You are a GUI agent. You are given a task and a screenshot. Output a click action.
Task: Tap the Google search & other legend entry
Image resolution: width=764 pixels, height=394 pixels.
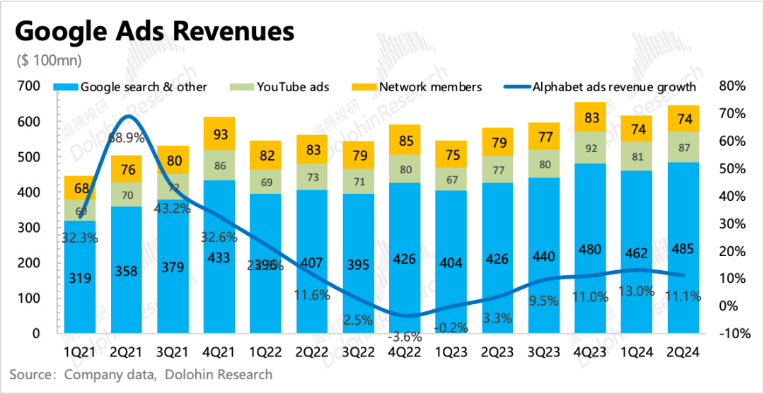point(134,87)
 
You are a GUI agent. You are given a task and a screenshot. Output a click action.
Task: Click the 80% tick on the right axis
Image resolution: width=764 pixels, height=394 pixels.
point(731,86)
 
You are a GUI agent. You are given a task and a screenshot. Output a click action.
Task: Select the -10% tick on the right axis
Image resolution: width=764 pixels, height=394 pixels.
point(731,333)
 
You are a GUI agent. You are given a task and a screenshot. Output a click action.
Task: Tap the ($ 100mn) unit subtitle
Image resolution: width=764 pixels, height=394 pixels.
point(49,60)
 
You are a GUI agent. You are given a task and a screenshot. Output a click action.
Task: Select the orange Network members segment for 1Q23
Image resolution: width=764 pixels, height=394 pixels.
point(451,154)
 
